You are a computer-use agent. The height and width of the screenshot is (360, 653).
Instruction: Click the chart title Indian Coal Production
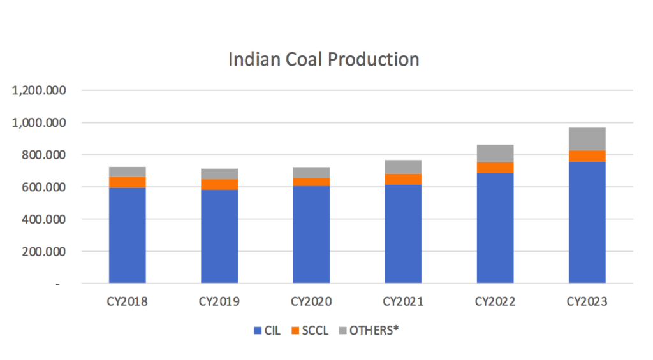324,59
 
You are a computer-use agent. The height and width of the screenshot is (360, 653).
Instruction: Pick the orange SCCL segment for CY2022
495,168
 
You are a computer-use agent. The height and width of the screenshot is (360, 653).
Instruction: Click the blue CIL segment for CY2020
311,234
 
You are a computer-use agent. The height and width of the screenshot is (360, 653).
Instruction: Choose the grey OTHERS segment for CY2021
403,167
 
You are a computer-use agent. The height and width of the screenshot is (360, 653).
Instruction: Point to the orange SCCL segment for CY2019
219,184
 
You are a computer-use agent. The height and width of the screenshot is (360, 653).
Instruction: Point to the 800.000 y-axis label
43,155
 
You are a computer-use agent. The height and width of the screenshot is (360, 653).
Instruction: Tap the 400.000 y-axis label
43,219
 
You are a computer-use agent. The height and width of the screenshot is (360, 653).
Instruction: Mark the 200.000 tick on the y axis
43,252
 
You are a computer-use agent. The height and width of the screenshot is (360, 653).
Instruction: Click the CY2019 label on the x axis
219,301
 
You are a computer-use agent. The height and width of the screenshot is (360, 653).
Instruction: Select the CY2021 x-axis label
403,301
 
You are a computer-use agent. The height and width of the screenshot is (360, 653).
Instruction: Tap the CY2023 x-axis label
587,301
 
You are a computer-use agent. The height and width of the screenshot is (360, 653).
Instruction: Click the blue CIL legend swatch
258,331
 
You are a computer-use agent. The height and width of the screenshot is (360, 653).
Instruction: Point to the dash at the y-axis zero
58,284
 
